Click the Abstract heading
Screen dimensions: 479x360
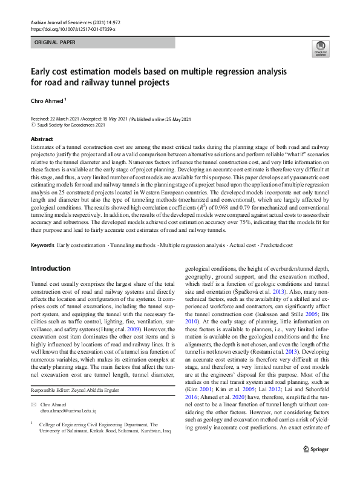click(x=42, y=139)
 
